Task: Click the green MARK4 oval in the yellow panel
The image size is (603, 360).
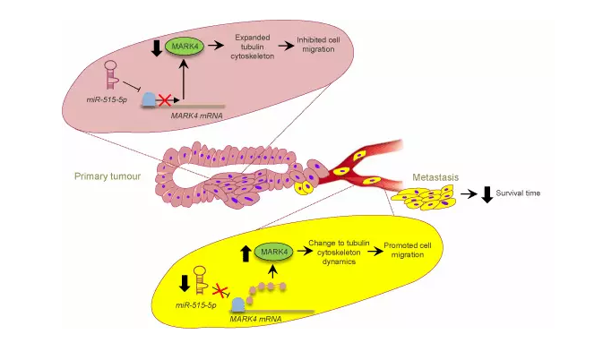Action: (272, 253)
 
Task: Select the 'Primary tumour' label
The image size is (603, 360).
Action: (107, 176)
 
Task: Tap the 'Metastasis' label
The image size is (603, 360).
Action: (435, 177)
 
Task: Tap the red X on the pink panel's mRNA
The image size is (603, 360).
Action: (164, 99)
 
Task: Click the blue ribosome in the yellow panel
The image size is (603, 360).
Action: (239, 304)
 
